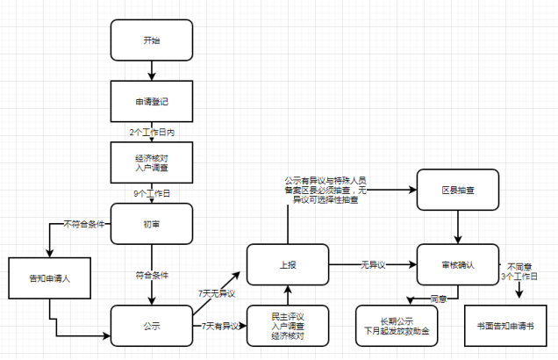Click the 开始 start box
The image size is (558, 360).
click(152, 40)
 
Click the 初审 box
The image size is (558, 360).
click(152, 224)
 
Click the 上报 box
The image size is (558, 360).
click(287, 264)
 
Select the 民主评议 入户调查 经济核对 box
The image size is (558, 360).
click(287, 324)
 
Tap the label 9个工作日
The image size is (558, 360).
click(152, 191)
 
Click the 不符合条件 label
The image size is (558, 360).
click(84, 224)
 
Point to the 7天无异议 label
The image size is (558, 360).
click(218, 292)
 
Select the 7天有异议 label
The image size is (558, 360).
click(220, 326)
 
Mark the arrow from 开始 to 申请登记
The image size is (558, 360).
click(152, 70)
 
